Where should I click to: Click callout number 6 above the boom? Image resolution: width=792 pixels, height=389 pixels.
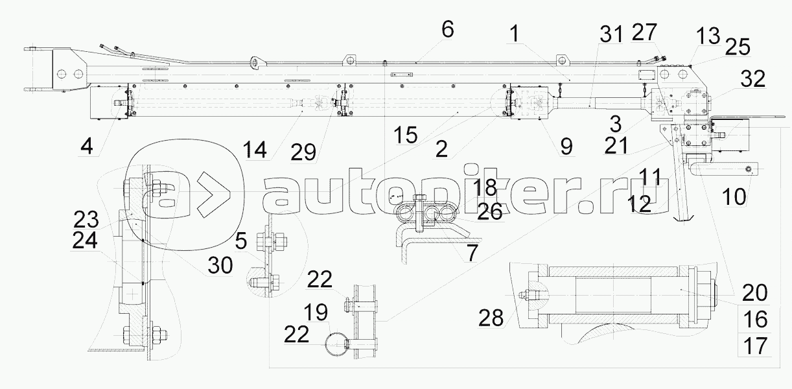(448, 29)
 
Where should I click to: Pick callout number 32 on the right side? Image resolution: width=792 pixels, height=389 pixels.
(751, 79)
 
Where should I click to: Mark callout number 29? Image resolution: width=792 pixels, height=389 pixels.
(303, 152)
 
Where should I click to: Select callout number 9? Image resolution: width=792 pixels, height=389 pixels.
(566, 147)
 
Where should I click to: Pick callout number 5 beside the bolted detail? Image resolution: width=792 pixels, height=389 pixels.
(241, 241)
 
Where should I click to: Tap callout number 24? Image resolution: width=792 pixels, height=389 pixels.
(85, 241)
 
